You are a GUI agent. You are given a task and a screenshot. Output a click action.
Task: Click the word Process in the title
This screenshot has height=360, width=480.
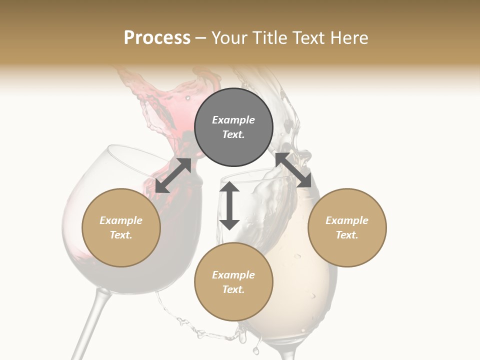click(157, 38)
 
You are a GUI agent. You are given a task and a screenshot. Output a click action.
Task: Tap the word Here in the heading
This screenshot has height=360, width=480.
click(348, 38)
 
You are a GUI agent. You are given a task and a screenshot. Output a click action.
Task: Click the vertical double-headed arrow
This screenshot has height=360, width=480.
click(229, 206)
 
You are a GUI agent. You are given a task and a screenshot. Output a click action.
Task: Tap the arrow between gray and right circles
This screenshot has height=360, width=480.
click(293, 170)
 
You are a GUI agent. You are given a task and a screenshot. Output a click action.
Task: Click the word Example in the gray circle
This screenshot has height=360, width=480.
click(233, 120)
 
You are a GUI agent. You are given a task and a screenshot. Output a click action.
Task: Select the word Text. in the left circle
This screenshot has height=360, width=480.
click(121, 235)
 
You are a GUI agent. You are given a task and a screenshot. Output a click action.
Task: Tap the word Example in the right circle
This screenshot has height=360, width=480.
click(347, 220)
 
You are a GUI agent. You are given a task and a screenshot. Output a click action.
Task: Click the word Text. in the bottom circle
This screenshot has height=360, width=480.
click(233, 289)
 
